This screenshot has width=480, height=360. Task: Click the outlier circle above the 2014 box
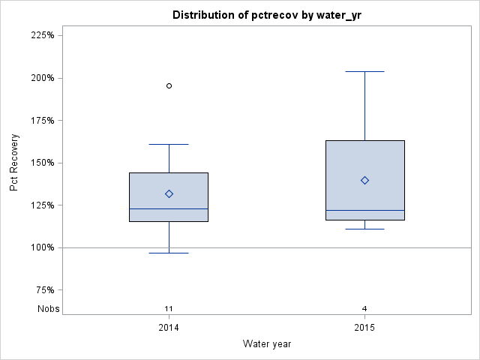169,85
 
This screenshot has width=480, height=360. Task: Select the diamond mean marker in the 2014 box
169,193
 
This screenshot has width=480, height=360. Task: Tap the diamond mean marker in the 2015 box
364,180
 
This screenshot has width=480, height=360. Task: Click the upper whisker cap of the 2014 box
169,144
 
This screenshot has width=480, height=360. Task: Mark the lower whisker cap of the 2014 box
169,253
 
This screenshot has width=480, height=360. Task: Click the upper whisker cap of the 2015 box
364,71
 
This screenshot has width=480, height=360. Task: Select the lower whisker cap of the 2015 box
364,229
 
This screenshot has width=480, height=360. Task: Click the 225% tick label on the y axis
40,35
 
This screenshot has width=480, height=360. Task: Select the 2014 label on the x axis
169,328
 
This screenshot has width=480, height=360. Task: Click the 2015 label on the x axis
364,328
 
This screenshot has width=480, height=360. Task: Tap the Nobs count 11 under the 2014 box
169,309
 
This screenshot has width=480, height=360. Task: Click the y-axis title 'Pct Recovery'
15,163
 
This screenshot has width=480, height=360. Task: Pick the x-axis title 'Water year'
266,344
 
